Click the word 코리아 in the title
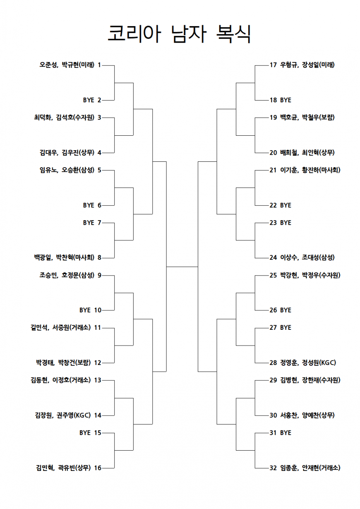click(x=134, y=34)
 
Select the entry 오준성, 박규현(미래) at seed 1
click(x=67, y=65)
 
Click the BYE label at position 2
click(x=89, y=100)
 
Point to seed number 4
click(x=99, y=153)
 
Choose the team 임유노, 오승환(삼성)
click(x=67, y=170)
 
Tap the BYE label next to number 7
click(x=89, y=223)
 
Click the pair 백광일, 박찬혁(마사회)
click(x=64, y=258)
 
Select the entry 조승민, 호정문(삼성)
click(x=67, y=276)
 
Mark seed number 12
click(x=98, y=363)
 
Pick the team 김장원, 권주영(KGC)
click(x=63, y=415)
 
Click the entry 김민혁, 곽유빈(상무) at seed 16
click(x=63, y=468)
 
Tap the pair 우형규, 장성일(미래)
click(x=307, y=65)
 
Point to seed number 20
click(x=273, y=153)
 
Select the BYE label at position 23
click(x=286, y=223)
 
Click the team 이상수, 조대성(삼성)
click(x=307, y=258)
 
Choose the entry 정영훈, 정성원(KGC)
click(x=308, y=363)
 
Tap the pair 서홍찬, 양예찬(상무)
click(x=307, y=415)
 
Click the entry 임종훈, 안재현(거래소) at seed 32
click(x=310, y=468)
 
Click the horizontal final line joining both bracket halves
click(x=182, y=267)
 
